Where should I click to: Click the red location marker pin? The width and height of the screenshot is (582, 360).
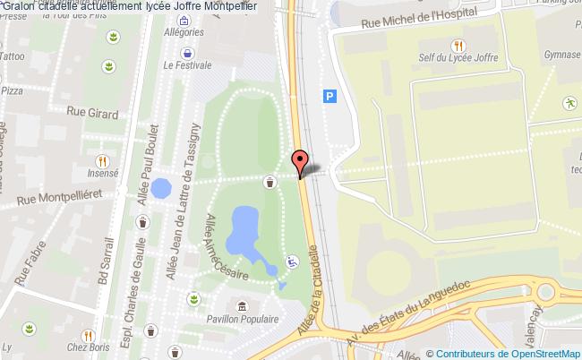pyautogui.click(x=299, y=162)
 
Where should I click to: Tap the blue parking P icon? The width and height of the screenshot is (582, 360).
pyautogui.click(x=330, y=96)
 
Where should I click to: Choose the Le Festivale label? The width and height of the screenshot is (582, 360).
pyautogui.click(x=187, y=64)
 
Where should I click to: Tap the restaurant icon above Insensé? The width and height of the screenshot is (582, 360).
pyautogui.click(x=103, y=161)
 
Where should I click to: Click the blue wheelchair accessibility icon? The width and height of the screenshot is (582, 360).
pyautogui.click(x=290, y=262)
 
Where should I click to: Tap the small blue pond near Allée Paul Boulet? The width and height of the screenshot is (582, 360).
pyautogui.click(x=161, y=188)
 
